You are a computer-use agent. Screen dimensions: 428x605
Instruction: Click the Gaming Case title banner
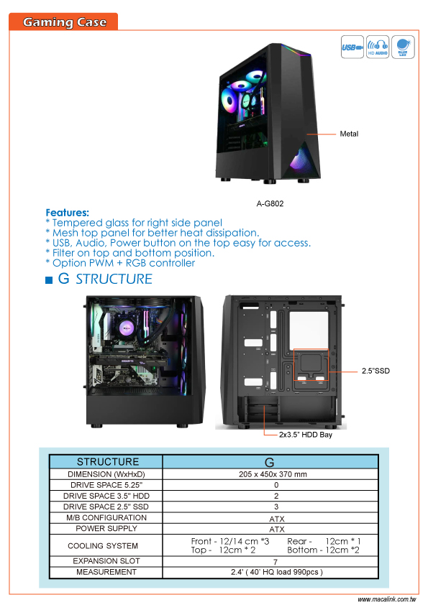63,22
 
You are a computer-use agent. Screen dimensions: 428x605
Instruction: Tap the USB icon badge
352,47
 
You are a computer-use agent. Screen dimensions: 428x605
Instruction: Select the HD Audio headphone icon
378,47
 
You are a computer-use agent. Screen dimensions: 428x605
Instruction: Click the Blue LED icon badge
403,47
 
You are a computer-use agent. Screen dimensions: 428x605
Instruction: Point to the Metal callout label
349,134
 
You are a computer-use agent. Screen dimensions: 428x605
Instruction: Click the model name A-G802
270,204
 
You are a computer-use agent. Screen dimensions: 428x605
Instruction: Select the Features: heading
67,213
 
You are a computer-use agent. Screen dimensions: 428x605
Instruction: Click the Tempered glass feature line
134,223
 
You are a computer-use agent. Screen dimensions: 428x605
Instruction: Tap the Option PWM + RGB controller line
120,263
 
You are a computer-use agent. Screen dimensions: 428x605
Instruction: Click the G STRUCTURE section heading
99,279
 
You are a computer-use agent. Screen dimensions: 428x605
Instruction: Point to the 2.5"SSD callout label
375,371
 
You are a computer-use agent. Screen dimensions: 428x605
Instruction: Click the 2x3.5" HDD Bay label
306,435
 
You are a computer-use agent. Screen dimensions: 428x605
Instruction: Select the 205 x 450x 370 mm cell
273,474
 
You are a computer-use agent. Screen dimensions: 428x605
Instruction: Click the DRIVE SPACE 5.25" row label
106,485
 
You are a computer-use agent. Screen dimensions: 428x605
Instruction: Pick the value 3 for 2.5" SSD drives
276,507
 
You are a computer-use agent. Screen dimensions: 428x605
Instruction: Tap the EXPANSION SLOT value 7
276,562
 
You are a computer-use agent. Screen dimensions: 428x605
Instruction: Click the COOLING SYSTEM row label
103,545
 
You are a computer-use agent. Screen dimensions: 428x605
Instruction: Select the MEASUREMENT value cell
276,572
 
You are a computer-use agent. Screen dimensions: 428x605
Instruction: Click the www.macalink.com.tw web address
387,599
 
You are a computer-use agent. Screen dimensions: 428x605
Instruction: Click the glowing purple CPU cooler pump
127,328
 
